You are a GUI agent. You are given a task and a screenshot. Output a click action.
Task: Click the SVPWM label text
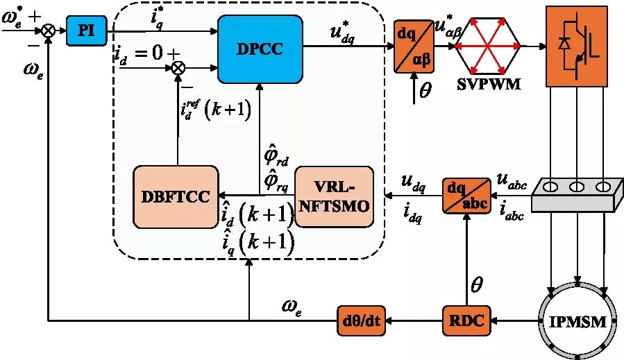(489, 85)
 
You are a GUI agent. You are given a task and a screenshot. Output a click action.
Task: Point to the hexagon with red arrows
(489, 46)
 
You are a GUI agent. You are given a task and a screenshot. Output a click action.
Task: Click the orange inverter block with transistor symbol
(578, 46)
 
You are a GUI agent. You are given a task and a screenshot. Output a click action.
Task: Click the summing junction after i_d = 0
(178, 68)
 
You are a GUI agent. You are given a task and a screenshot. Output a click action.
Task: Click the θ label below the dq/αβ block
(425, 91)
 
